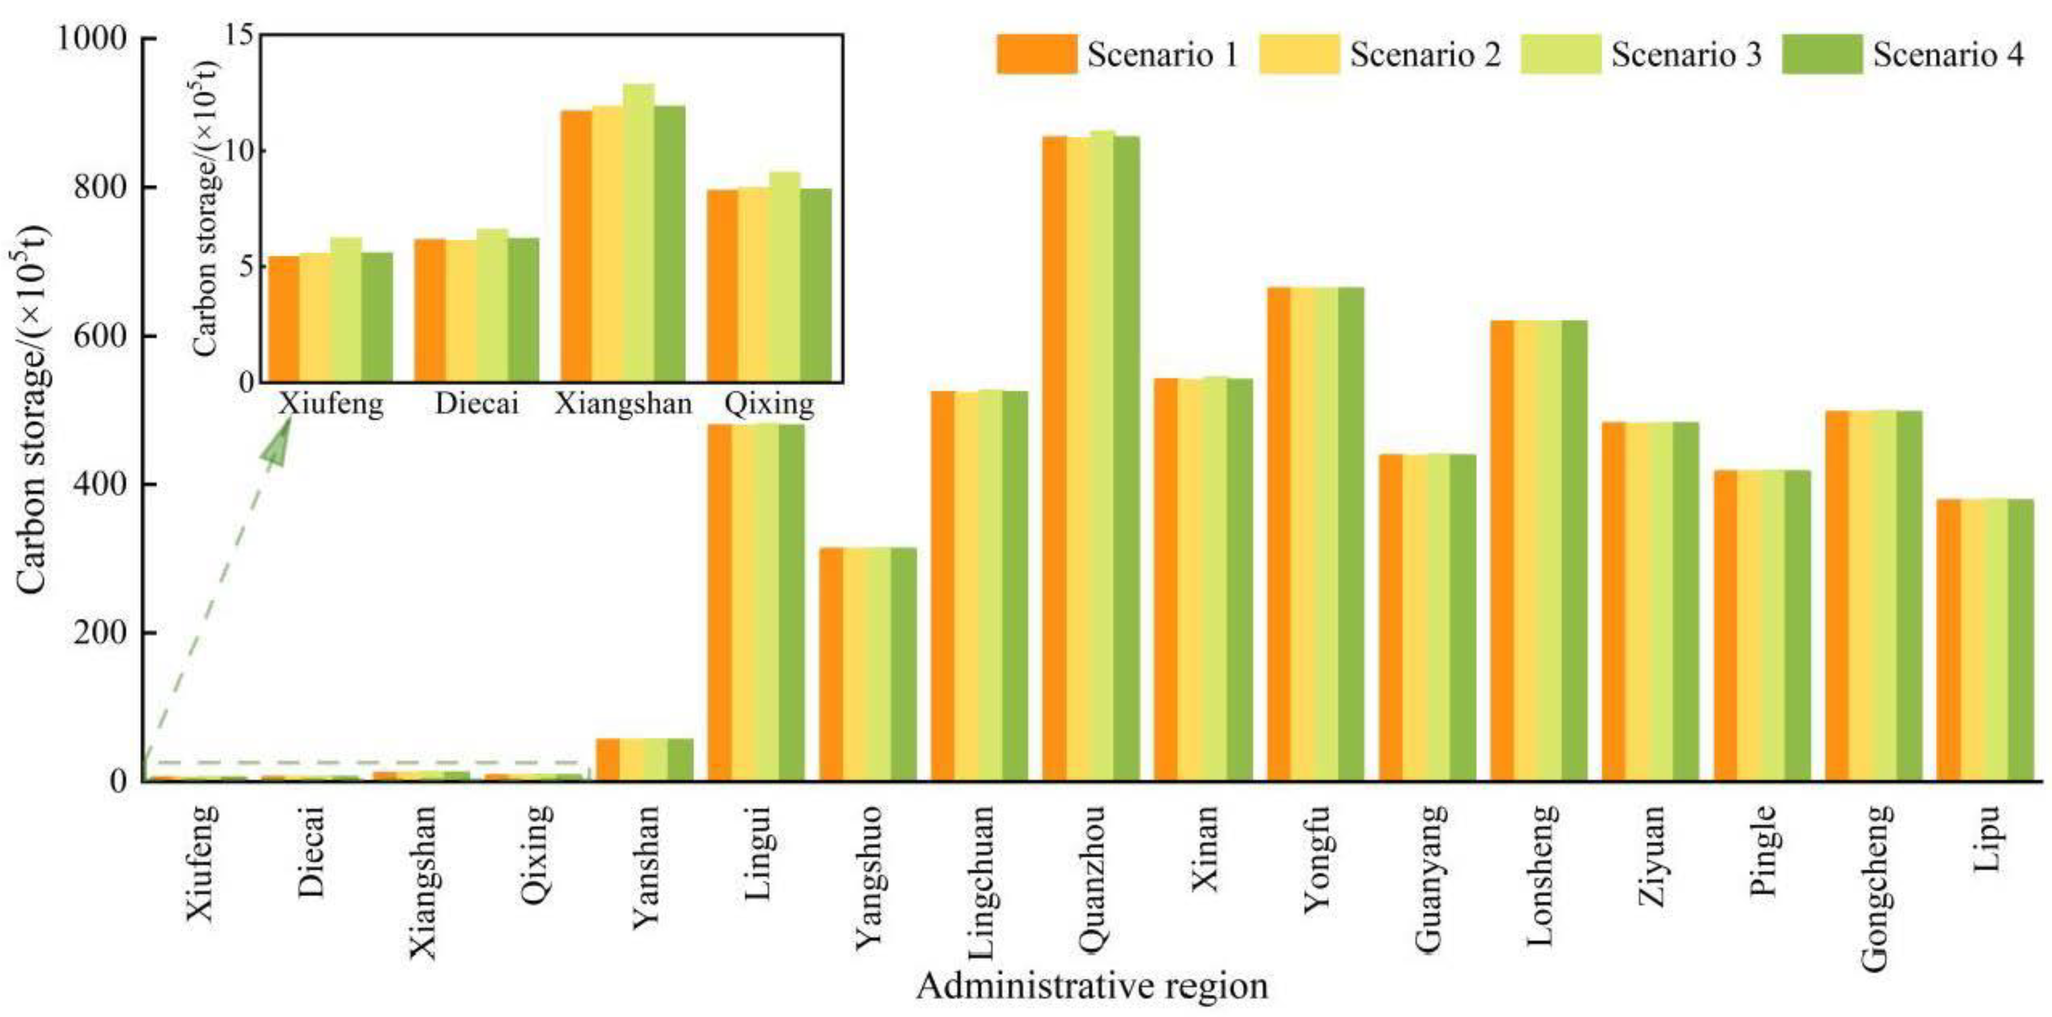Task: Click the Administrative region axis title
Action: [x=1091, y=986]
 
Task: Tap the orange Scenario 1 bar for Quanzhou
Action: [x=1054, y=459]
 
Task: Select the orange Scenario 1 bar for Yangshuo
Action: [x=831, y=665]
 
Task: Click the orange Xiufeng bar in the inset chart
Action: [x=284, y=318]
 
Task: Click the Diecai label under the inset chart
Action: [x=476, y=404]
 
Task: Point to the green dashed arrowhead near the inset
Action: [x=276, y=446]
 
